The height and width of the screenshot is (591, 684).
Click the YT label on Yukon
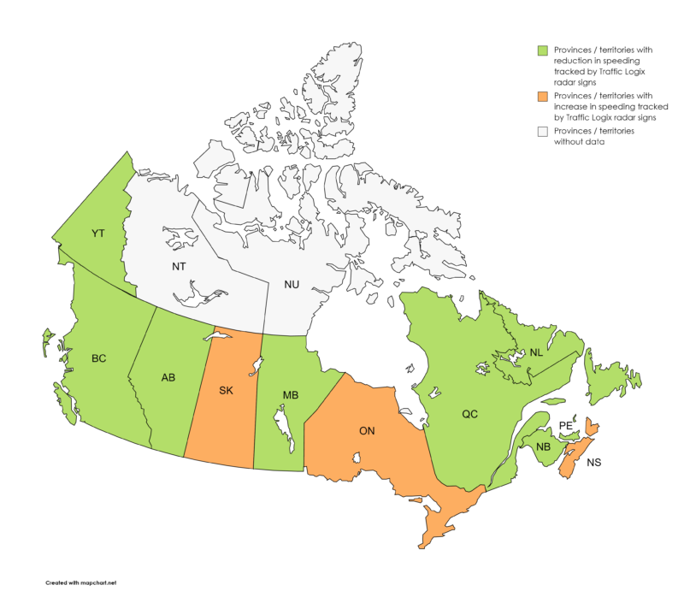pos(97,233)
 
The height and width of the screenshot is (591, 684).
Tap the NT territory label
pos(179,267)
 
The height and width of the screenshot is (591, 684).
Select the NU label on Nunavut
pos(292,284)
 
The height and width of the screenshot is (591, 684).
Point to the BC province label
pos(98,358)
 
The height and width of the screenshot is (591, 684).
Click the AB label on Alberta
pos(169,377)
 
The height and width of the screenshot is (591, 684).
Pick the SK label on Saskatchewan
pos(226,391)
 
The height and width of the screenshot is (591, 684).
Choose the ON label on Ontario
pos(366,430)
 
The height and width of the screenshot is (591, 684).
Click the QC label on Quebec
pos(469,414)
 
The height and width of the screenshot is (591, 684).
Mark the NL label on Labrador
pos(535,352)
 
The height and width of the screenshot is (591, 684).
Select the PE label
pos(564,425)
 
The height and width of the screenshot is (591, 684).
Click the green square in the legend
pos(541,50)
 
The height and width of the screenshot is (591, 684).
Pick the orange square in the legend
pos(541,95)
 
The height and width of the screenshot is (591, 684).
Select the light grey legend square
pos(541,131)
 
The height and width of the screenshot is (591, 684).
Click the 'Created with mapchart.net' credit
pos(80,582)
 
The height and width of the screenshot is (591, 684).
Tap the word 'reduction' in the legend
pos(577,61)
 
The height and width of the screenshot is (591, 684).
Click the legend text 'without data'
pos(578,142)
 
